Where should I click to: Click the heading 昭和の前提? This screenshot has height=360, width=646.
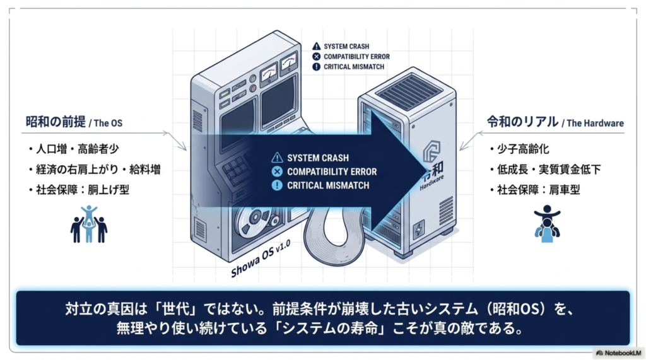pos(56,122)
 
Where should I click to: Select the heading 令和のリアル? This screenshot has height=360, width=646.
pos(522,122)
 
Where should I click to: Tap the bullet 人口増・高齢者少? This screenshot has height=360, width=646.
pos(78,149)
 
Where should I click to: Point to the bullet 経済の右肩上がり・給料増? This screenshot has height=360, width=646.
pos(98,170)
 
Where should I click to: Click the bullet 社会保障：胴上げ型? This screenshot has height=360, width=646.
pos(83,190)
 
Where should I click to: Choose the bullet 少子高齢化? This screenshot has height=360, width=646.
pos(523,149)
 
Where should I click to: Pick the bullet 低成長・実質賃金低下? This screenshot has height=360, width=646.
pos(549,170)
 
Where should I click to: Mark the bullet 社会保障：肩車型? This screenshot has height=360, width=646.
pos(539,190)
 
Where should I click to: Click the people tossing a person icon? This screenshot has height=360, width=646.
pos(88,224)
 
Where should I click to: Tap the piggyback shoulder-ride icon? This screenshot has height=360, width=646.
pos(547,224)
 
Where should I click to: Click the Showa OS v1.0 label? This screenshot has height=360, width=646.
pos(261,258)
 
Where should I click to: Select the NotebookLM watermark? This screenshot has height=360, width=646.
pos(619,353)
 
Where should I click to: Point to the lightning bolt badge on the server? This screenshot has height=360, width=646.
pos(419,229)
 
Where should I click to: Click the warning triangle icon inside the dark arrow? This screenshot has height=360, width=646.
pos(277,158)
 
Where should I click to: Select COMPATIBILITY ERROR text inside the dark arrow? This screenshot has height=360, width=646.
pos(332,171)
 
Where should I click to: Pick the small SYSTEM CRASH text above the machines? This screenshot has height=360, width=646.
pos(346,47)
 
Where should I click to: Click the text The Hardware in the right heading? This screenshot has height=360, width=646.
pos(595,123)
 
